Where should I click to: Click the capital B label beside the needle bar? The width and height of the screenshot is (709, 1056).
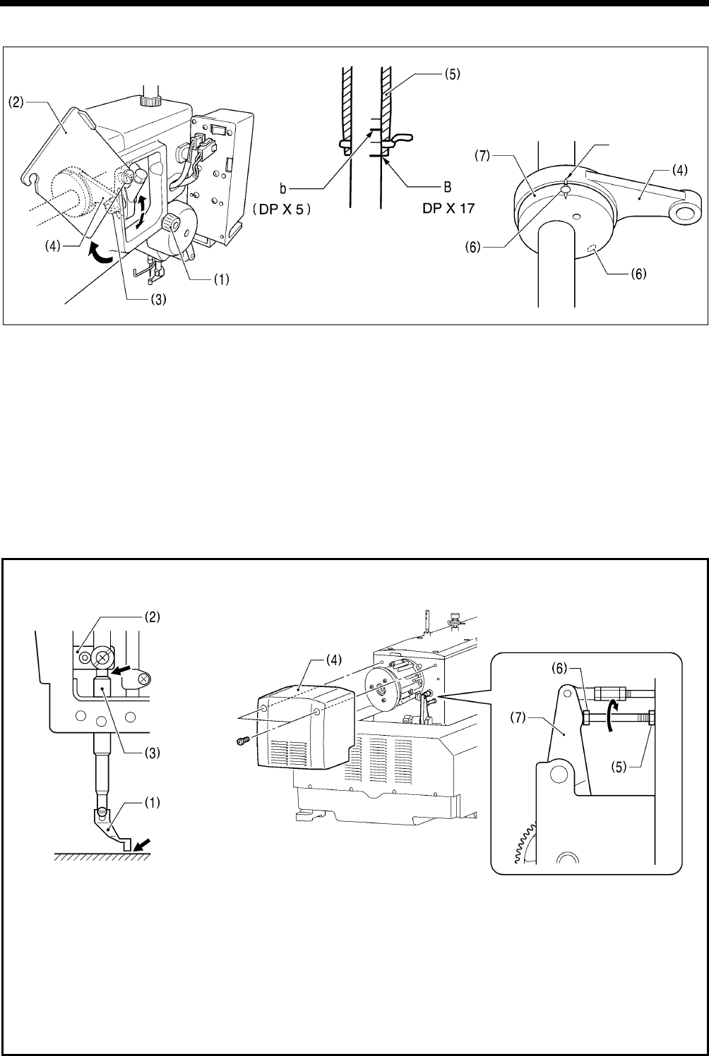click(446, 188)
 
